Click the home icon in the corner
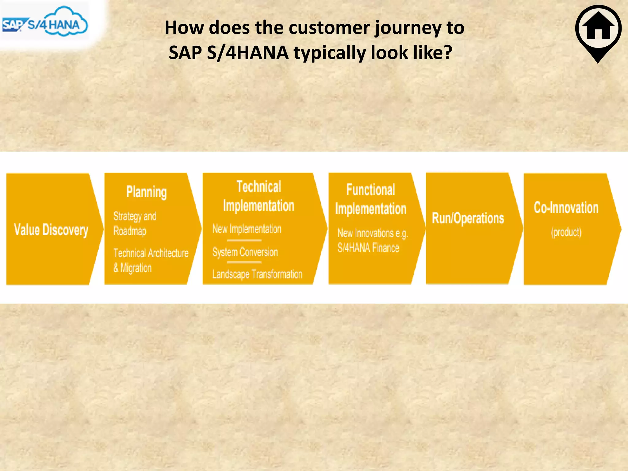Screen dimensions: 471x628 [598, 29]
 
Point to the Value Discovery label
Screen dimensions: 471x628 [51, 230]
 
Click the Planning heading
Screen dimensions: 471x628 [147, 192]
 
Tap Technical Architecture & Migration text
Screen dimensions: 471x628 [151, 260]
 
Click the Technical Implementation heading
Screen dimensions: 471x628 [259, 196]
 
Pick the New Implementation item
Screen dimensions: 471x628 [247, 229]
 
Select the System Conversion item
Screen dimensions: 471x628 [245, 252]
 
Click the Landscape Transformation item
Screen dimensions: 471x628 [257, 274]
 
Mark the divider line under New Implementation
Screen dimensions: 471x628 [244, 240]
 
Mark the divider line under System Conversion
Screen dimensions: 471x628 [244, 262]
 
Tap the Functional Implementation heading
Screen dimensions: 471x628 [370, 199]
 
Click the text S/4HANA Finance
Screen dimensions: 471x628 [368, 247]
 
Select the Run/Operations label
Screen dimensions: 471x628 [468, 218]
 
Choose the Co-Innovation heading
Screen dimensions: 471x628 [566, 208]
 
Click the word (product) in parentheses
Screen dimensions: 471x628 [566, 232]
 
